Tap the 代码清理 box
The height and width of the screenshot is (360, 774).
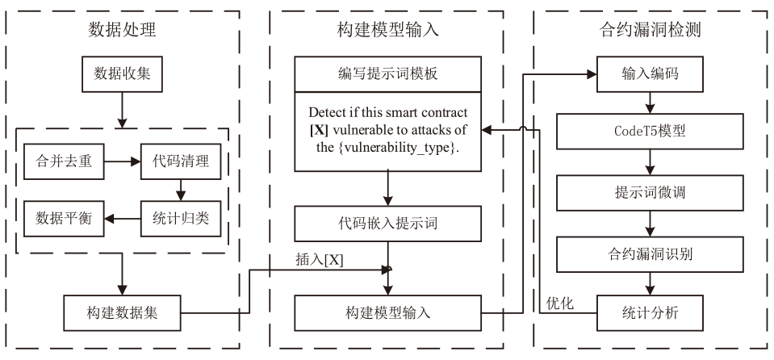coord(180,161)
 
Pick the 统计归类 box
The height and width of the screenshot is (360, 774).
coord(180,218)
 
